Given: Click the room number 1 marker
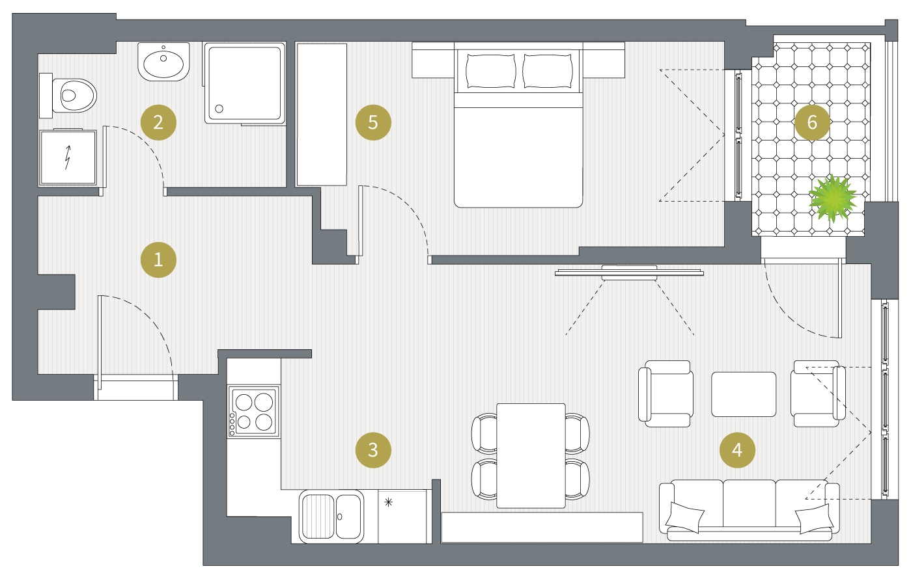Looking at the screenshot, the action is click(158, 260).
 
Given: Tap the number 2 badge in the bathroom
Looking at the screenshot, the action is click(158, 122).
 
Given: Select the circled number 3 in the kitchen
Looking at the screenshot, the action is click(373, 450).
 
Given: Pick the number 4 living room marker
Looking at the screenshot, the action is click(737, 450).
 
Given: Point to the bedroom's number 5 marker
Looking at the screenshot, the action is click(373, 122).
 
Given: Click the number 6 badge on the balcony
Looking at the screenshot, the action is click(812, 122).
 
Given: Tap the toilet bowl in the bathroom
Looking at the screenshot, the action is click(74, 96).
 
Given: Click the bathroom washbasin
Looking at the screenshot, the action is click(163, 62).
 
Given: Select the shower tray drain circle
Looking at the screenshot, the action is click(219, 109).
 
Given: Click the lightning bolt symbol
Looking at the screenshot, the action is click(68, 157).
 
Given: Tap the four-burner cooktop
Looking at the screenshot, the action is click(253, 412).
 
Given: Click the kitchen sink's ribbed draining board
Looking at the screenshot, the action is click(318, 516).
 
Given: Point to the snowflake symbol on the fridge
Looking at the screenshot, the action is click(388, 502).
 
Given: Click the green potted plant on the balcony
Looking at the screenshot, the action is click(832, 198).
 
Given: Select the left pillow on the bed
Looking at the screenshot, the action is click(490, 71).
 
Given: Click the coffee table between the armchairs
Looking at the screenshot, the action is click(744, 394).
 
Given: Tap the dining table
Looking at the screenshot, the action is click(531, 455).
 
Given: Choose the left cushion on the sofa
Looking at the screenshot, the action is click(685, 518).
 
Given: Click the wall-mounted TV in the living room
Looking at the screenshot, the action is click(629, 273).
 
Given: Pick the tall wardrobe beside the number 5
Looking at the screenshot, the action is click(322, 114).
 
